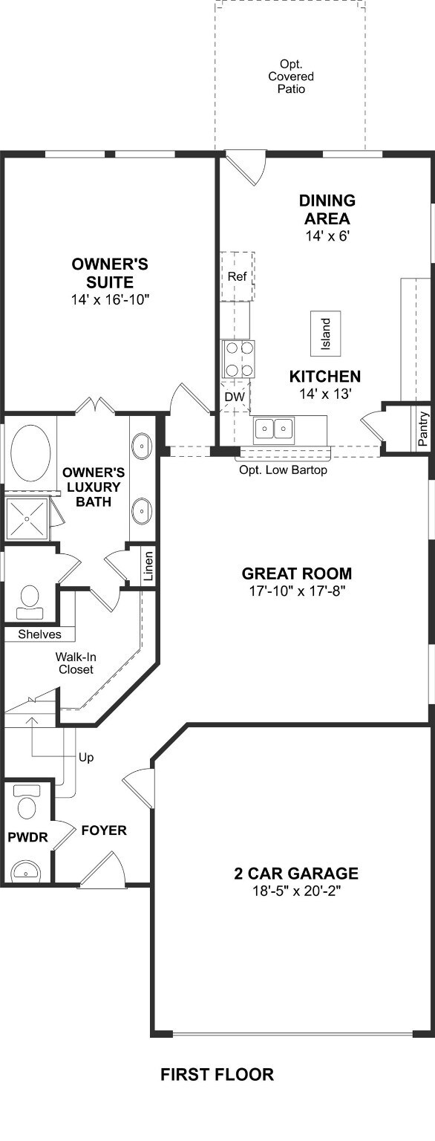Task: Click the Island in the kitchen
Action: [326, 334]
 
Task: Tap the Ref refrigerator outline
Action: [237, 276]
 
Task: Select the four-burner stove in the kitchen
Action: [238, 359]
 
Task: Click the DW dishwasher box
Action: [235, 396]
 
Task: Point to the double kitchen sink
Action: [275, 429]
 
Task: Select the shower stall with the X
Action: [27, 518]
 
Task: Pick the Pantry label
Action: [423, 429]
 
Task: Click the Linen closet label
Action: [148, 566]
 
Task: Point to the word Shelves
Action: [39, 634]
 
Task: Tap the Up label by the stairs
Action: [86, 758]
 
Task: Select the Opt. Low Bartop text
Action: [283, 469]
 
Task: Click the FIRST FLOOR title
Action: [218, 1074]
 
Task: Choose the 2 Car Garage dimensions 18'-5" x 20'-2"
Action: [296, 891]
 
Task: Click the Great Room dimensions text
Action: [297, 591]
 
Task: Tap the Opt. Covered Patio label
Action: [291, 77]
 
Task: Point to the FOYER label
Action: [104, 830]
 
